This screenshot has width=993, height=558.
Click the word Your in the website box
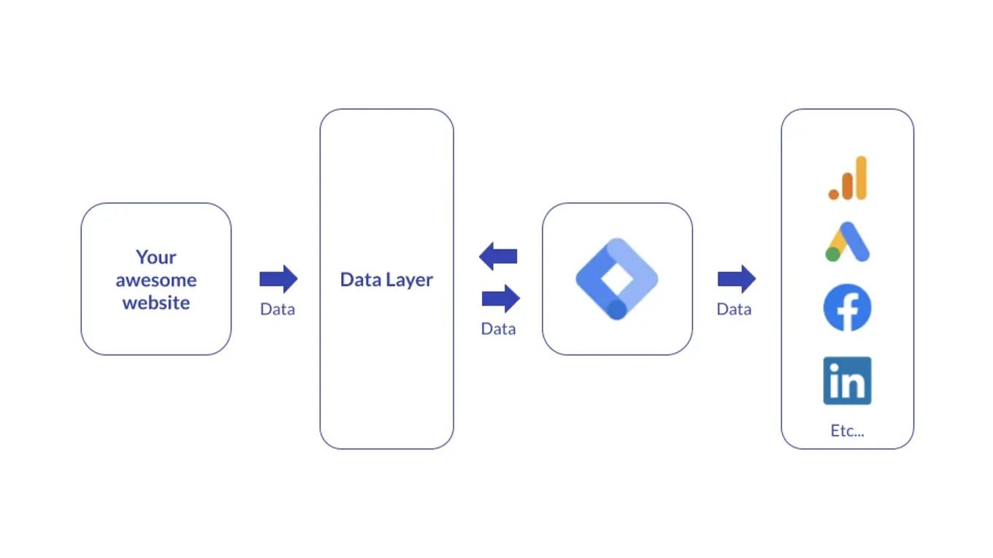point(156,257)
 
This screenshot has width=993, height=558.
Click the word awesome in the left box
point(156,280)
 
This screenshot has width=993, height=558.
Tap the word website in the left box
point(156,303)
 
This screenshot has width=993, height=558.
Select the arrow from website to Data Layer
point(278,279)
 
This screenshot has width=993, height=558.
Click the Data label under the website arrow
point(277,309)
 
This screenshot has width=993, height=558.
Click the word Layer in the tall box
point(409,280)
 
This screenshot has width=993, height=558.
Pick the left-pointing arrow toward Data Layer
point(498,257)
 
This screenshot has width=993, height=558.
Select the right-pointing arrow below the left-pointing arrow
point(501,298)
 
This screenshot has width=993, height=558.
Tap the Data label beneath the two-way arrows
point(498,329)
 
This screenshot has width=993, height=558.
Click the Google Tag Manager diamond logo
point(617,279)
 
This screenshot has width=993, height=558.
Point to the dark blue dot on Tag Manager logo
point(617,309)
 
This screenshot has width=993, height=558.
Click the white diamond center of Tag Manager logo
point(617,278)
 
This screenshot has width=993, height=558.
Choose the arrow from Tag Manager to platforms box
point(736,279)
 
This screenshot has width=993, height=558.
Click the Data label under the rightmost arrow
point(734,309)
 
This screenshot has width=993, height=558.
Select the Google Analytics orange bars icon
point(848,178)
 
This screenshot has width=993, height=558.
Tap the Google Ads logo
point(847,242)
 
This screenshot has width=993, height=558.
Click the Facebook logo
point(847,308)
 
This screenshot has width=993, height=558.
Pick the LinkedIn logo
point(847,381)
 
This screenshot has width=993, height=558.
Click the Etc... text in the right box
point(847,430)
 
